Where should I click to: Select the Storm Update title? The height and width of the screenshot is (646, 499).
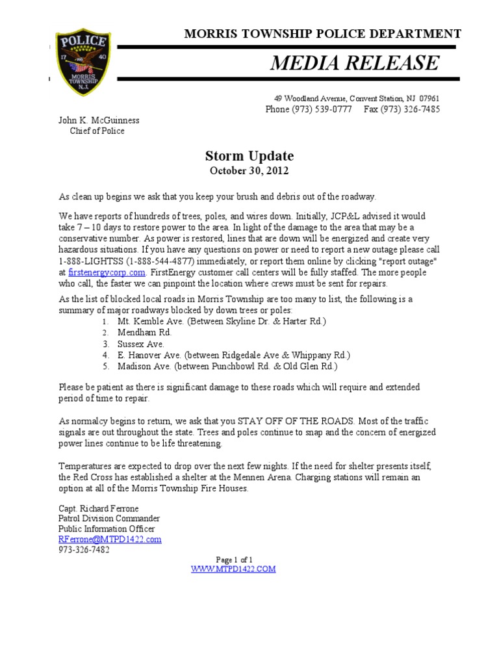[x=249, y=156]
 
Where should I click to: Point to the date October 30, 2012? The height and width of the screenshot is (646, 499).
[x=249, y=171]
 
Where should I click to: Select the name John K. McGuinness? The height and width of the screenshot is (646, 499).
[x=99, y=120]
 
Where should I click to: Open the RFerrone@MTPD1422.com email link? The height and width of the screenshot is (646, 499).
[x=110, y=539]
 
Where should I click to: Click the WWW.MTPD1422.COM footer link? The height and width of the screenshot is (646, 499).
[x=233, y=569]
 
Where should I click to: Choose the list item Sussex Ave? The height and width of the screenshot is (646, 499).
[x=140, y=344]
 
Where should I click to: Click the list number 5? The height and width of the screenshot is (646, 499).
[x=105, y=366]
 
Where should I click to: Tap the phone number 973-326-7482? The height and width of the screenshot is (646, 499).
[x=84, y=549]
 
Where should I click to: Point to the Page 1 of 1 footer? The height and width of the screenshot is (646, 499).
[x=234, y=560]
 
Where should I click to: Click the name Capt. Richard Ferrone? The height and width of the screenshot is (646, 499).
[x=99, y=508]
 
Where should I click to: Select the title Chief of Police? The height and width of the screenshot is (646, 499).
[x=97, y=131]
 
